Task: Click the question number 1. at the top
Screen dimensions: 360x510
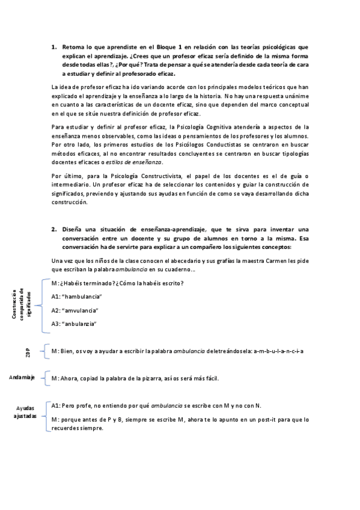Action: coord(53,46)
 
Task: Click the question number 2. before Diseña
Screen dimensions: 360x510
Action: coord(53,229)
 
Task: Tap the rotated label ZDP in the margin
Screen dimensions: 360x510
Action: coord(28,352)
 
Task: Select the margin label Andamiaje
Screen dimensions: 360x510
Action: coord(22,377)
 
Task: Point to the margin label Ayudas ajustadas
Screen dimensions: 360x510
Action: coord(25,412)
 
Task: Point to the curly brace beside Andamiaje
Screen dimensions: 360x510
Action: coord(46,378)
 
